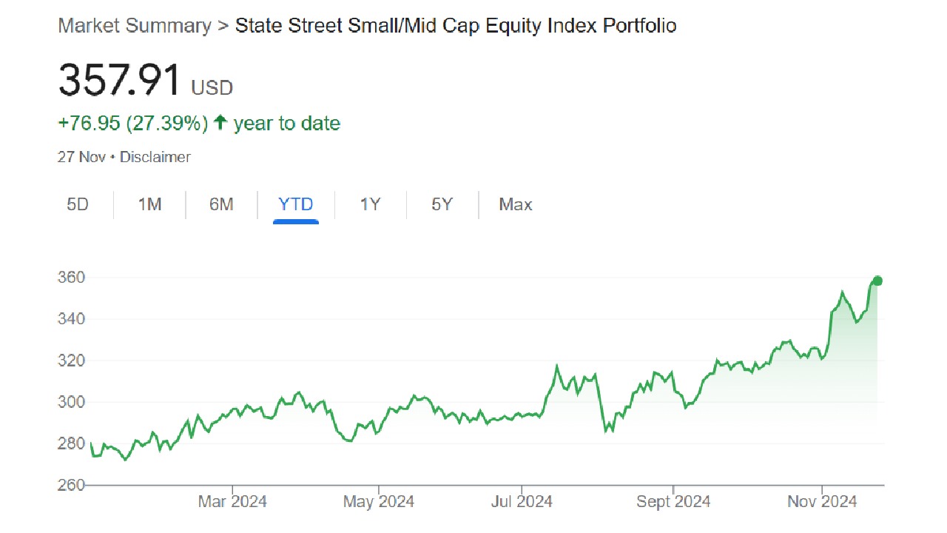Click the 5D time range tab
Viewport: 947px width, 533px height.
(x=78, y=204)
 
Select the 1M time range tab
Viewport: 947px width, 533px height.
(x=149, y=204)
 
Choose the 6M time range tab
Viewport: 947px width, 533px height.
(x=221, y=204)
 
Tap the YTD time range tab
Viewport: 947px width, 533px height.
(x=296, y=204)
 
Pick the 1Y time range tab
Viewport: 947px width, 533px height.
(x=370, y=204)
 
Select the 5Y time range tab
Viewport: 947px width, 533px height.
(x=442, y=204)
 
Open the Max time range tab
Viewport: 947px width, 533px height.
(x=516, y=204)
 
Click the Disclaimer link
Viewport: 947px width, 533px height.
(x=155, y=157)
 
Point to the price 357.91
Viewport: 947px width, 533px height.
(x=120, y=80)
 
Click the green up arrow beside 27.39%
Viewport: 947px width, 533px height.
(x=220, y=123)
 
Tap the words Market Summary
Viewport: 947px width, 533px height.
(x=135, y=26)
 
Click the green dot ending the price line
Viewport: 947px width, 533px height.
(x=877, y=281)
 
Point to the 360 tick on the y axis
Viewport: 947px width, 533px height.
(x=72, y=278)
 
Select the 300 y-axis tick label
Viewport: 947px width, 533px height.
(x=72, y=402)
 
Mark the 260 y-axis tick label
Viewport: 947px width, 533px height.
(x=72, y=485)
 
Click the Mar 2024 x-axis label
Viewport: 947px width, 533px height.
(x=232, y=502)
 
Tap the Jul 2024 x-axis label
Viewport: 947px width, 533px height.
(x=522, y=502)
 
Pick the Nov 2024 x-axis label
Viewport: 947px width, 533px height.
(x=822, y=502)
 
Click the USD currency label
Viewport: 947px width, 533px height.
(x=212, y=88)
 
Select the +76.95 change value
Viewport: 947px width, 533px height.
(x=89, y=123)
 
